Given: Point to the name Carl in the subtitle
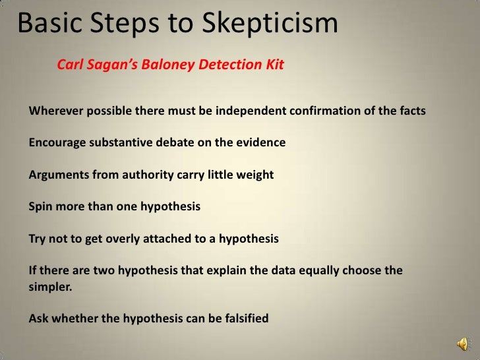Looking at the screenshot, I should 71,66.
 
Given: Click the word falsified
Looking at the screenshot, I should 242,319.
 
